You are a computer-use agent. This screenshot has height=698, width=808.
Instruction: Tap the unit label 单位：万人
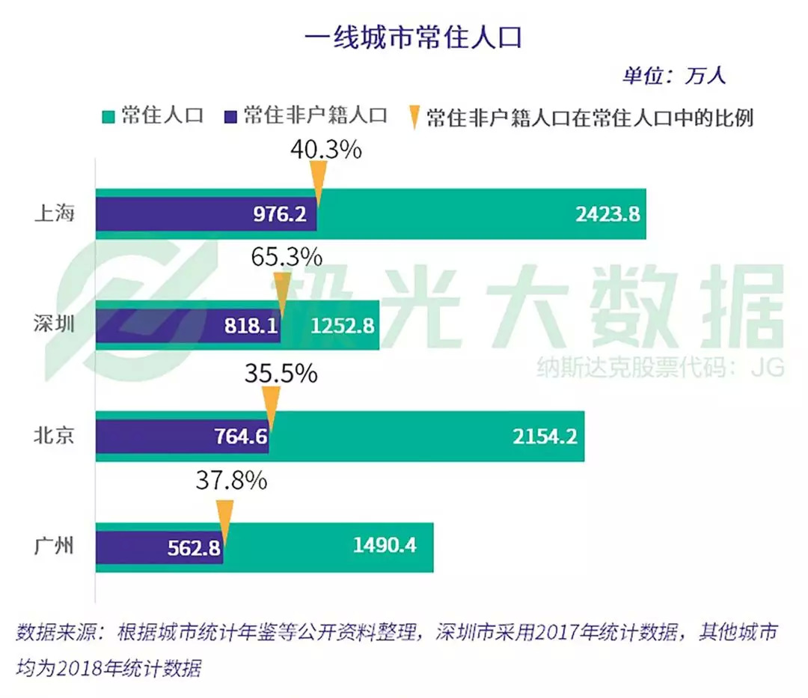(x=673, y=76)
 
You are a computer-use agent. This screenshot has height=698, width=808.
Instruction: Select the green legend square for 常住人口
(x=108, y=117)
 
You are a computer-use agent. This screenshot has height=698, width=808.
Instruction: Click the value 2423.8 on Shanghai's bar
(x=607, y=214)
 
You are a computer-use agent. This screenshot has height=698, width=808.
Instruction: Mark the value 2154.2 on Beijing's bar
(x=545, y=436)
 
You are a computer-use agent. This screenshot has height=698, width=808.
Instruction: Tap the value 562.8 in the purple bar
(x=190, y=547)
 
